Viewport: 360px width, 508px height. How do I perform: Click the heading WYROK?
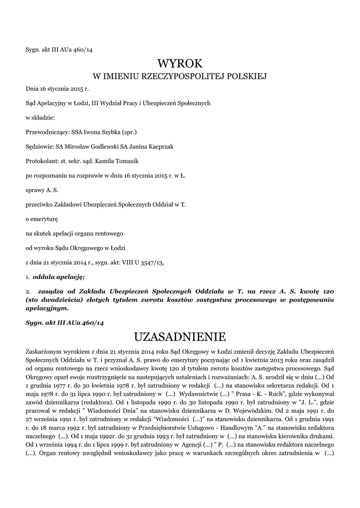(x=180, y=63)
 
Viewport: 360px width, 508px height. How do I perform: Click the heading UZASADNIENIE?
(x=180, y=337)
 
